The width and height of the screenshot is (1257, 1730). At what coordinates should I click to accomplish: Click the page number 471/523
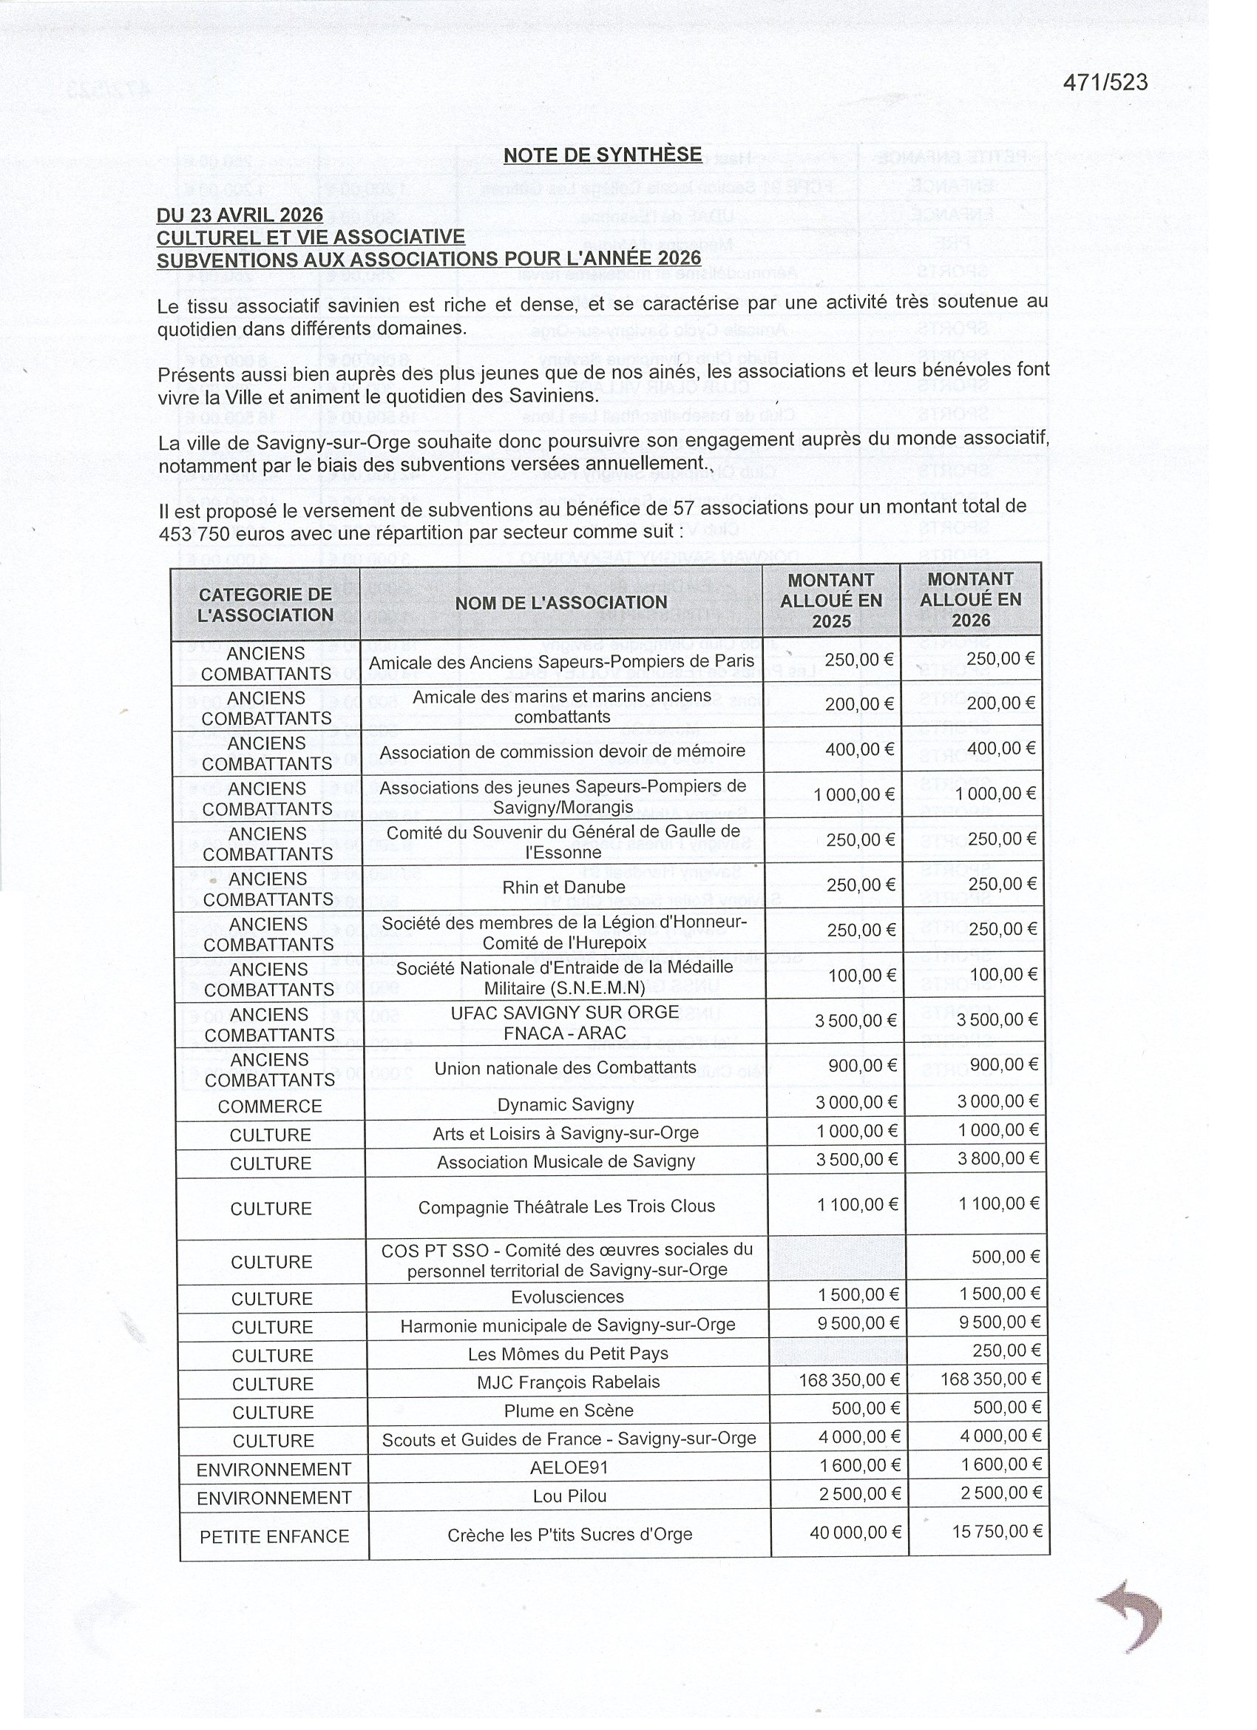click(x=1105, y=82)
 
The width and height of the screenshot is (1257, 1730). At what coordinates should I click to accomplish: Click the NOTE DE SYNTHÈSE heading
click(x=602, y=155)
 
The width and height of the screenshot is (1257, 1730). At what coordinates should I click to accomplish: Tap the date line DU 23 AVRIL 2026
click(x=240, y=215)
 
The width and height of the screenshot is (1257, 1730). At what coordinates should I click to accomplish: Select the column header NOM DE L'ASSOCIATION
click(x=560, y=603)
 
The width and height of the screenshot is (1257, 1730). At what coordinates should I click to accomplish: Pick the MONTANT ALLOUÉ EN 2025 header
click(x=830, y=601)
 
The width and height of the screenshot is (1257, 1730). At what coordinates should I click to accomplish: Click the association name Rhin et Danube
click(x=563, y=887)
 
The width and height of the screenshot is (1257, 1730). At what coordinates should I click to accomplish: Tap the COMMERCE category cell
click(x=270, y=1106)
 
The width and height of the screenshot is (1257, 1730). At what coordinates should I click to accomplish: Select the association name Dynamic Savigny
click(x=565, y=1104)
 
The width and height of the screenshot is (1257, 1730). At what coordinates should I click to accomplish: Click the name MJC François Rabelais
click(x=569, y=1382)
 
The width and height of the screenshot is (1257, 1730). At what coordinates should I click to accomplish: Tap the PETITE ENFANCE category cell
click(x=274, y=1536)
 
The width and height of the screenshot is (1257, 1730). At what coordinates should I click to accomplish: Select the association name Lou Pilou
click(x=569, y=1496)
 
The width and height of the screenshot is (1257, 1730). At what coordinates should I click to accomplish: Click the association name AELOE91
click(x=569, y=1467)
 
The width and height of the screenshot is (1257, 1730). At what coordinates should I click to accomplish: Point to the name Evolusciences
click(x=567, y=1297)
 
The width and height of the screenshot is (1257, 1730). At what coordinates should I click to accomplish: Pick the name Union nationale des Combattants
click(x=565, y=1068)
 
